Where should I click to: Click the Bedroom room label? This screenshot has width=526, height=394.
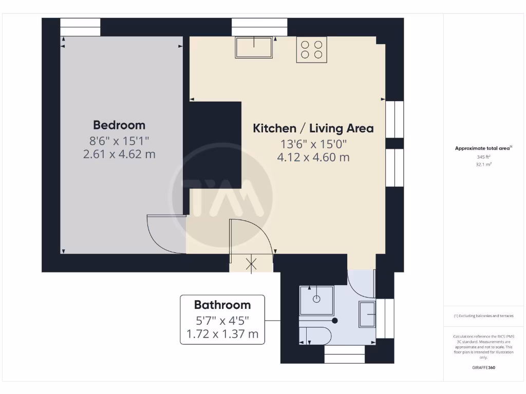click(x=119, y=125)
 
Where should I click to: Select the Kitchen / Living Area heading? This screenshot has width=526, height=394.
click(x=313, y=128)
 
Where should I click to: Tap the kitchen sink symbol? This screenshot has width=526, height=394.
click(x=254, y=47)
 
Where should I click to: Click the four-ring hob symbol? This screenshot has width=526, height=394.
click(x=312, y=49)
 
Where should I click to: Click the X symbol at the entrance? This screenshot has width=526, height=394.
click(x=251, y=265)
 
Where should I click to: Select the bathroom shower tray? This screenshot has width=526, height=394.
click(x=316, y=300)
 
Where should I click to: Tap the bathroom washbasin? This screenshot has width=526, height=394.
click(x=368, y=314)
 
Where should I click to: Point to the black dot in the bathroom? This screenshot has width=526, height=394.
click(x=335, y=321)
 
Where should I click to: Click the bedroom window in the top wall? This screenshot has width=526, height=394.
click(x=80, y=27)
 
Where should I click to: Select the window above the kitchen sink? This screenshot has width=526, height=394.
click(x=259, y=27)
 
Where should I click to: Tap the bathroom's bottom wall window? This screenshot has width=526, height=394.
click(x=345, y=354)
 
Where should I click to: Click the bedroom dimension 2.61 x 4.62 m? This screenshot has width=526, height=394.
click(x=119, y=154)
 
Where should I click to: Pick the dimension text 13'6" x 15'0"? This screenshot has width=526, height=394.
click(x=313, y=144)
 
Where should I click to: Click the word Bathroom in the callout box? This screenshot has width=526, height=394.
click(x=222, y=305)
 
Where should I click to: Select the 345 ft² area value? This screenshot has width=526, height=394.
click(x=483, y=157)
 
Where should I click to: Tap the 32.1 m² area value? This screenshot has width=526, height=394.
click(x=483, y=165)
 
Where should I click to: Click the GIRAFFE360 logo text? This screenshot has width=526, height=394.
click(x=483, y=367)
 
